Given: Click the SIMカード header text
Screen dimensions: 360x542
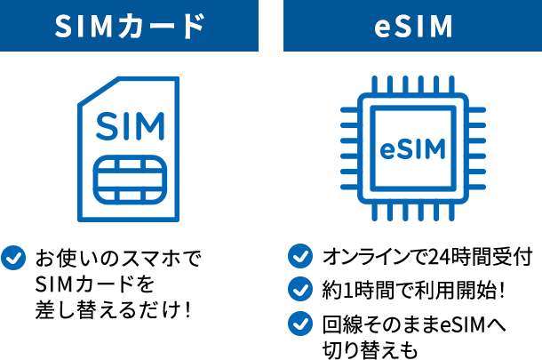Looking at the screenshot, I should pyautogui.click(x=130, y=27).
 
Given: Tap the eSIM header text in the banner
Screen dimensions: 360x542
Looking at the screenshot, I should pyautogui.click(x=412, y=27).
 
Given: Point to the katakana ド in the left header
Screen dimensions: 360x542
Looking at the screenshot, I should pyautogui.click(x=191, y=27).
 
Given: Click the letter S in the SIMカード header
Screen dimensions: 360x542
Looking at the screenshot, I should pyautogui.click(x=63, y=27).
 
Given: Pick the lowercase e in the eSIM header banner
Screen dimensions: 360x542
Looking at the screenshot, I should pyautogui.click(x=379, y=28).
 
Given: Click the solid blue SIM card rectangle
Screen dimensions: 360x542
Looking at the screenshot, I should pyautogui.click(x=129, y=148).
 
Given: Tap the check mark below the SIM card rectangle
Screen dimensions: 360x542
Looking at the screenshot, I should pyautogui.click(x=13, y=258).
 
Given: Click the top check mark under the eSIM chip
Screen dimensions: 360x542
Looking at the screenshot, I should pyautogui.click(x=300, y=256).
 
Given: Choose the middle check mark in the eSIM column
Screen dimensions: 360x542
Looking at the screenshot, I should pyautogui.click(x=300, y=289).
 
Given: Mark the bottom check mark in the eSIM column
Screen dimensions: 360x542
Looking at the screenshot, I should pyautogui.click(x=300, y=323).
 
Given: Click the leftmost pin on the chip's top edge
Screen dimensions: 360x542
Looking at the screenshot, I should pyautogui.click(x=373, y=84).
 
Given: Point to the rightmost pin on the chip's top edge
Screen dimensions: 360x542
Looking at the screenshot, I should pyautogui.click(x=452, y=84).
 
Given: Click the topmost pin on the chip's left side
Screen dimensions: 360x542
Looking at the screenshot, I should pyautogui.click(x=349, y=109).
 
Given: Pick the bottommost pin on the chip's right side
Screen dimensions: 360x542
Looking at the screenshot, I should pyautogui.click(x=477, y=188).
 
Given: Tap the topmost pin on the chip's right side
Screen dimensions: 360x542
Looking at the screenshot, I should pyautogui.click(x=477, y=109).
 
